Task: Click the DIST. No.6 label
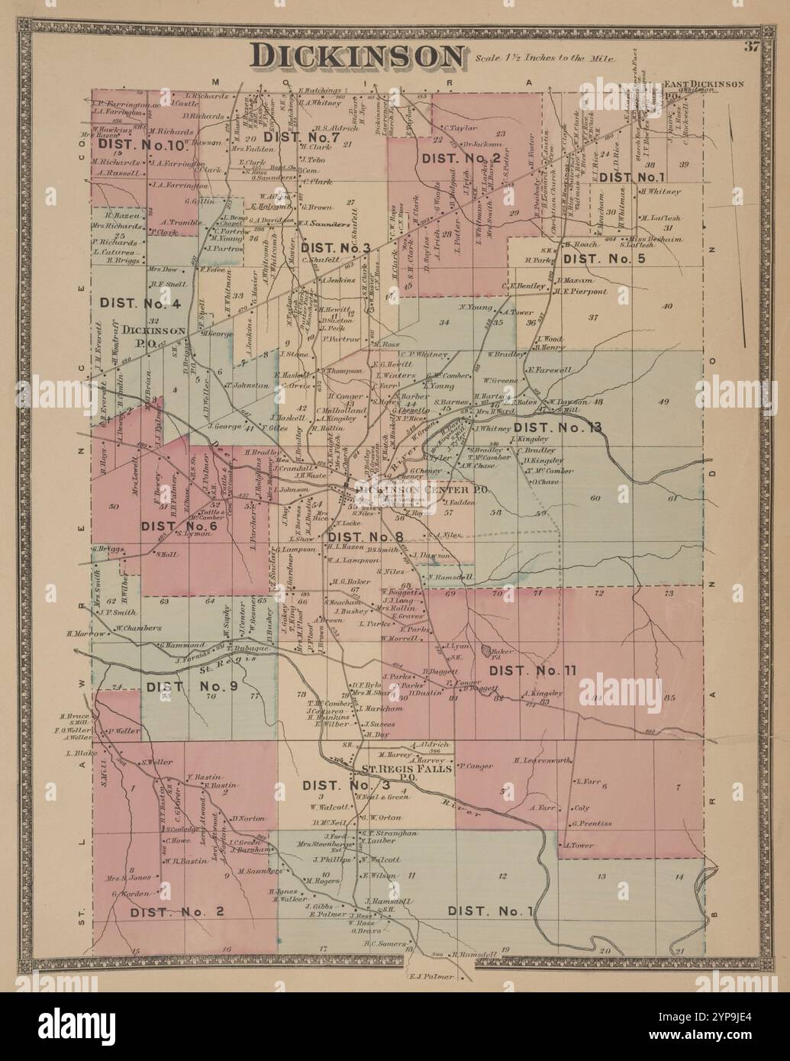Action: (179, 526)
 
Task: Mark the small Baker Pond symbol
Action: (485, 650)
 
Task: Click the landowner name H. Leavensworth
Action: (544, 760)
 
